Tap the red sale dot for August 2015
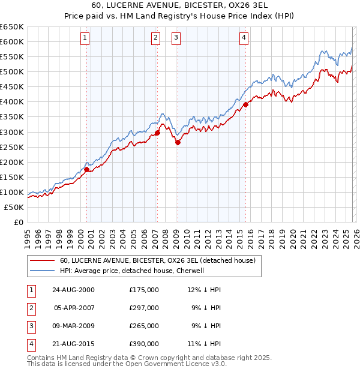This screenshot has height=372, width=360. [245, 104]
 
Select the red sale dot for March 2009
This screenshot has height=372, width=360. [178, 142]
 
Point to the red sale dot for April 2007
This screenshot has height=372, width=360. [157, 133]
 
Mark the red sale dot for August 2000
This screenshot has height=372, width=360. [87, 169]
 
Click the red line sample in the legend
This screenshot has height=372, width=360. [42, 260]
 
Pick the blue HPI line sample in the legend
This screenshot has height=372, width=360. [42, 271]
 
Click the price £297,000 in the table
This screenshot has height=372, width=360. [144, 308]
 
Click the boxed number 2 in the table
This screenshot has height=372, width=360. [30, 308]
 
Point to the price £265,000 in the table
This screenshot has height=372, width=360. [144, 326]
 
